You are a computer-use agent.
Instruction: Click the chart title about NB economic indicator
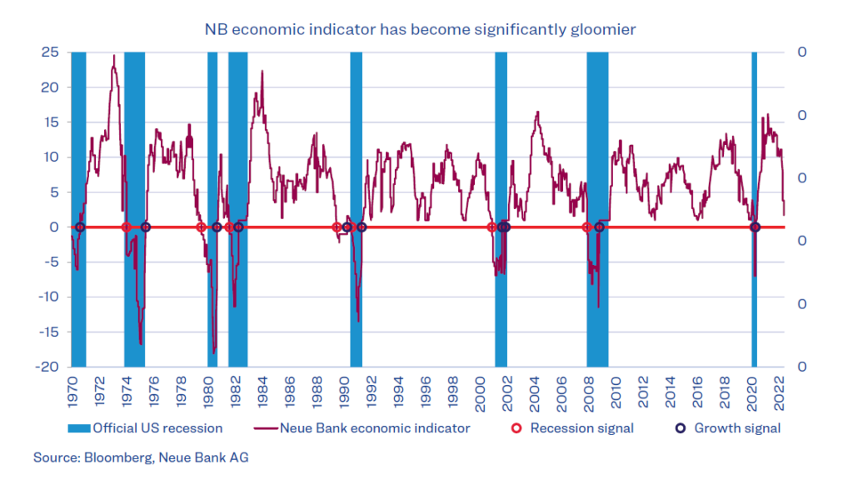click(421, 29)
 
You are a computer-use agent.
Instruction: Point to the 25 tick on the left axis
click(50, 52)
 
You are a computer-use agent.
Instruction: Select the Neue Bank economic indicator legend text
click(375, 428)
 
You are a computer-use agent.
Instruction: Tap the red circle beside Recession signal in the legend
click(516, 428)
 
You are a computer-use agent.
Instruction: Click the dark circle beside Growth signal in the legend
click(680, 428)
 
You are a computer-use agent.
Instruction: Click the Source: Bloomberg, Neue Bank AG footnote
click(141, 457)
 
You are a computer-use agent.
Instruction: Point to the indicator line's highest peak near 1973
click(114, 56)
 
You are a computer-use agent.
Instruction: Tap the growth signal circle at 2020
click(755, 227)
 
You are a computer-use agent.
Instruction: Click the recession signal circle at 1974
click(127, 227)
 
